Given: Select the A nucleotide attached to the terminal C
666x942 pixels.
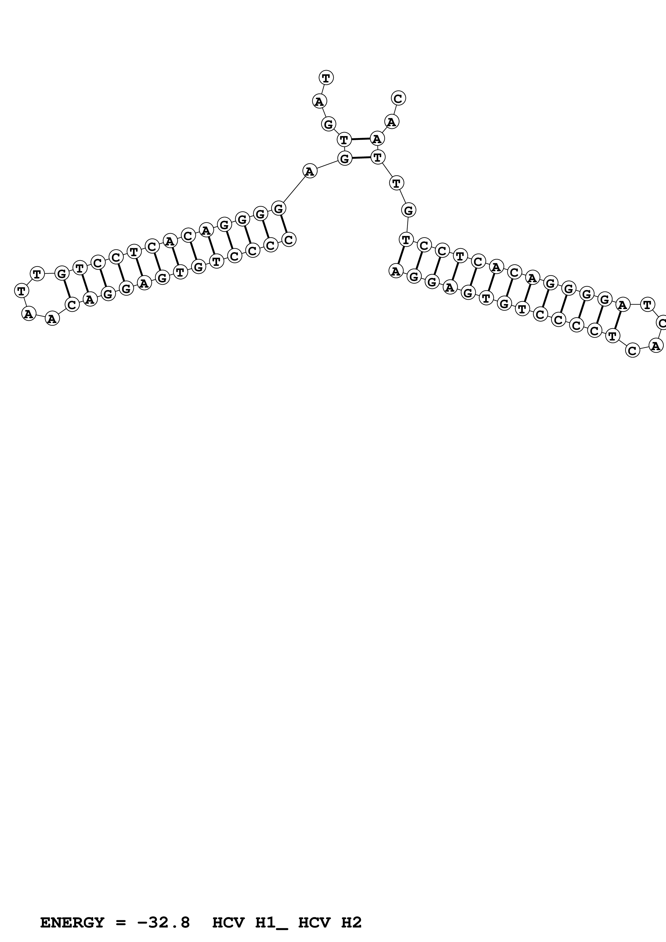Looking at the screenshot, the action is [x=391, y=122].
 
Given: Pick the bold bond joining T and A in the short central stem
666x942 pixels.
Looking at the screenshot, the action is [x=360, y=139].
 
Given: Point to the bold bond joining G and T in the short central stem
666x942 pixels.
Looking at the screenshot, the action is [x=361, y=157].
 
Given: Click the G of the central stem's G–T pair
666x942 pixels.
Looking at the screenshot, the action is [x=345, y=158].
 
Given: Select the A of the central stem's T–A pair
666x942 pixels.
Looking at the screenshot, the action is [x=377, y=139].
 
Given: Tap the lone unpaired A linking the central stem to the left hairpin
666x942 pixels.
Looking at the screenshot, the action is [x=310, y=171].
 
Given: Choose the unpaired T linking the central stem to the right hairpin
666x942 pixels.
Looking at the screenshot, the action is [x=396, y=183].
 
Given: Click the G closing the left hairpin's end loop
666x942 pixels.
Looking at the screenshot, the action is [x=62, y=273].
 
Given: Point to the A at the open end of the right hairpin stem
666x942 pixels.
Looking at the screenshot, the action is [x=395, y=271].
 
